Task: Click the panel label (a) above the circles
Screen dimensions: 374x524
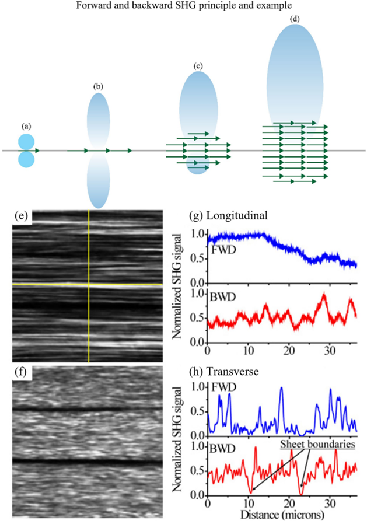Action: pos(26,126)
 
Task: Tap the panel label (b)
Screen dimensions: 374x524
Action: pos(98,86)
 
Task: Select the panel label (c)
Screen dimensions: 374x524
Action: pos(198,66)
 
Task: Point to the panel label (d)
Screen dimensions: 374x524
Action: pos(295,19)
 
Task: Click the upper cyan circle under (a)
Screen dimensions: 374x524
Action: pos(26,142)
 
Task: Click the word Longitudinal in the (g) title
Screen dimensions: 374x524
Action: pos(237,215)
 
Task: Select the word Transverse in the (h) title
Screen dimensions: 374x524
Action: pos(233,371)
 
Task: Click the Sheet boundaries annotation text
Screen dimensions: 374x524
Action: pos(317,444)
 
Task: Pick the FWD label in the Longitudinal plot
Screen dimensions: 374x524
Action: pos(224,250)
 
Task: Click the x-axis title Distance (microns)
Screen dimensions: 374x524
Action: pos(282,514)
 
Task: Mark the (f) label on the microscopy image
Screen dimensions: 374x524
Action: pos(22,372)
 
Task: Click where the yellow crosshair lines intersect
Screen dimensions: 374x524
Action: pos(89,284)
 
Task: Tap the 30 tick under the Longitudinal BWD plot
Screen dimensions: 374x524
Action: pos(330,351)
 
